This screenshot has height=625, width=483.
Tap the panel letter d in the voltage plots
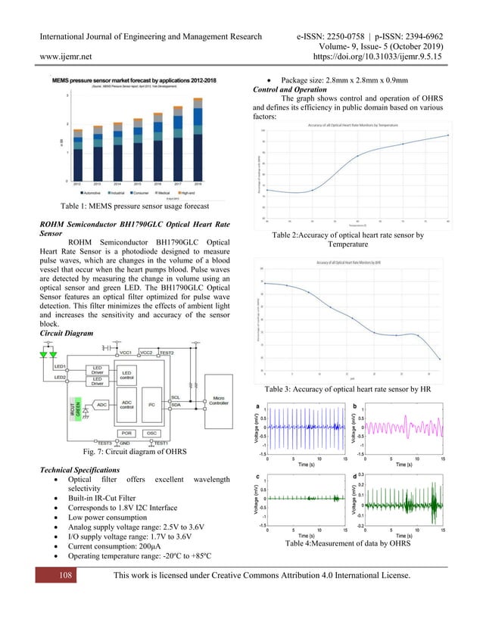click(355, 475)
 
